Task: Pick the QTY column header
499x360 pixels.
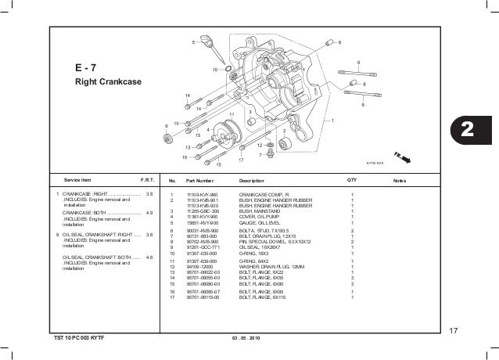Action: [x=352, y=180]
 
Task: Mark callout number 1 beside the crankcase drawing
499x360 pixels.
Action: [x=332, y=120]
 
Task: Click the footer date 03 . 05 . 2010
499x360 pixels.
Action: [x=242, y=337]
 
